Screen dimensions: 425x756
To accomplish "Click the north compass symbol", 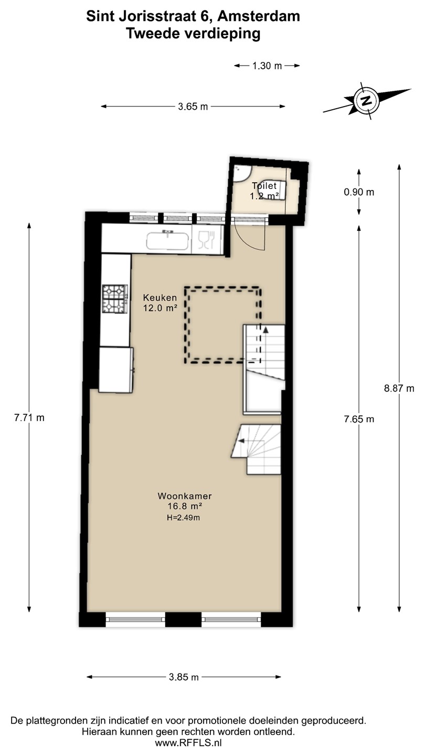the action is click(367, 101).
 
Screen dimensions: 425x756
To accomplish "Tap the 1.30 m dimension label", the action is click(267, 66).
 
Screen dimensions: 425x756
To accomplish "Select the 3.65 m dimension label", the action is click(193, 107).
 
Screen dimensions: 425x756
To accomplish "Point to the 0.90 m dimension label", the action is click(359, 192).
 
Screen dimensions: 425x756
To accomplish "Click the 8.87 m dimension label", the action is click(399, 388).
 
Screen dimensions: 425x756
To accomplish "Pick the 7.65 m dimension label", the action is click(359, 419).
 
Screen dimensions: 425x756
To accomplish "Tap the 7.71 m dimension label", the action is click(29, 417).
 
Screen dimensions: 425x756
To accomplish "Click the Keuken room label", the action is click(160, 298).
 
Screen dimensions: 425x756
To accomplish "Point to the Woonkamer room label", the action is click(185, 496).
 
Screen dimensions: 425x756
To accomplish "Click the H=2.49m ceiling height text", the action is click(183, 518).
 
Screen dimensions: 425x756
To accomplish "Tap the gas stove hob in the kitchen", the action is click(115, 299).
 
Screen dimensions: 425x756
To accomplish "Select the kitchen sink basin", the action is click(168, 240).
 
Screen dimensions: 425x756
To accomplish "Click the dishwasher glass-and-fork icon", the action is click(206, 239).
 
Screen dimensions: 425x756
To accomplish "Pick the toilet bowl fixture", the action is click(272, 190).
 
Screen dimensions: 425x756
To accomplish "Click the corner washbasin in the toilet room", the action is click(241, 173).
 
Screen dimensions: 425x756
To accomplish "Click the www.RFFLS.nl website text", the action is click(188, 743).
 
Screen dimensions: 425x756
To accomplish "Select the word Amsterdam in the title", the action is click(259, 16).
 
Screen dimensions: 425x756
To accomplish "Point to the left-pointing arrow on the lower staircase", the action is click(241, 440).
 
